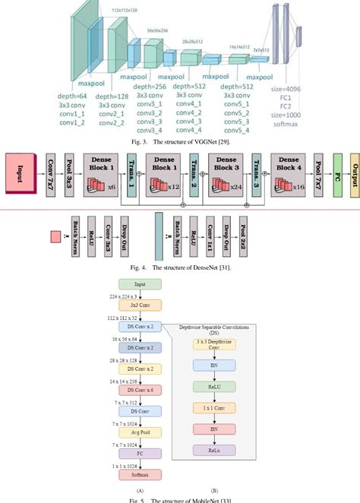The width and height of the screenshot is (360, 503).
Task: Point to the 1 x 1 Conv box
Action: pyautogui.click(x=215, y=408)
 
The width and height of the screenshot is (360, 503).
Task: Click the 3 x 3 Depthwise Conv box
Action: pyautogui.click(x=215, y=344)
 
